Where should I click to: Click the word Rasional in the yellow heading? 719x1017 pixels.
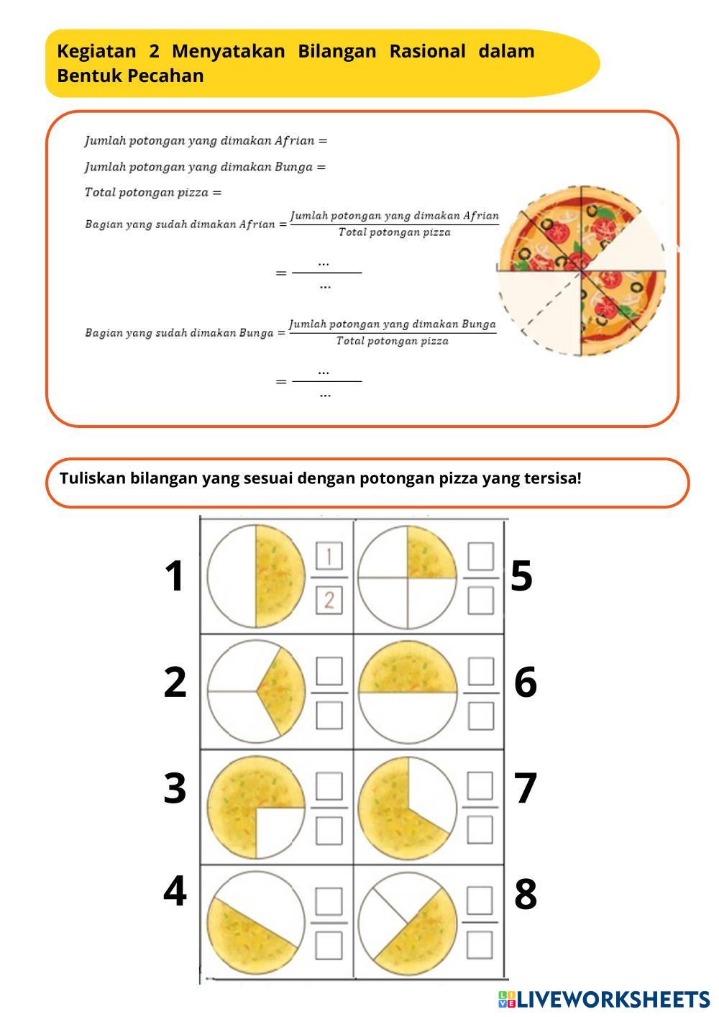click(x=428, y=51)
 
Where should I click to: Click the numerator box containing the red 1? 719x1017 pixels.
click(x=329, y=555)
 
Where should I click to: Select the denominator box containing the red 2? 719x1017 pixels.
click(x=329, y=601)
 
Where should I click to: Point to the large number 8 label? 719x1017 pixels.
click(x=525, y=893)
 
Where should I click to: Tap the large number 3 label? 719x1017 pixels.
click(x=175, y=788)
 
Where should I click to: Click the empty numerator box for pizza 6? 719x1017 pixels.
click(x=481, y=671)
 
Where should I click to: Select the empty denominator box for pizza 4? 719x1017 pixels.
click(x=329, y=945)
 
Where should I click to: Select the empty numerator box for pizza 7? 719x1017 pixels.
click(x=480, y=785)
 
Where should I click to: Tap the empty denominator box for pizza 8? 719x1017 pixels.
click(x=480, y=945)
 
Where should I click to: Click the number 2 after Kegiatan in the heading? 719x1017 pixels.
click(x=155, y=51)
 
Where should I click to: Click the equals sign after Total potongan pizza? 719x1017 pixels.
click(x=217, y=193)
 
